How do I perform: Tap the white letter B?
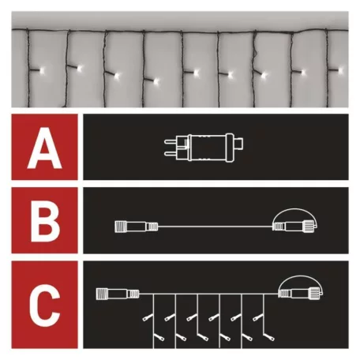tap(44, 225)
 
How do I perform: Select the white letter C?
tap(44, 303)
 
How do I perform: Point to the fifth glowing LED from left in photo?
tap(194, 73)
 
